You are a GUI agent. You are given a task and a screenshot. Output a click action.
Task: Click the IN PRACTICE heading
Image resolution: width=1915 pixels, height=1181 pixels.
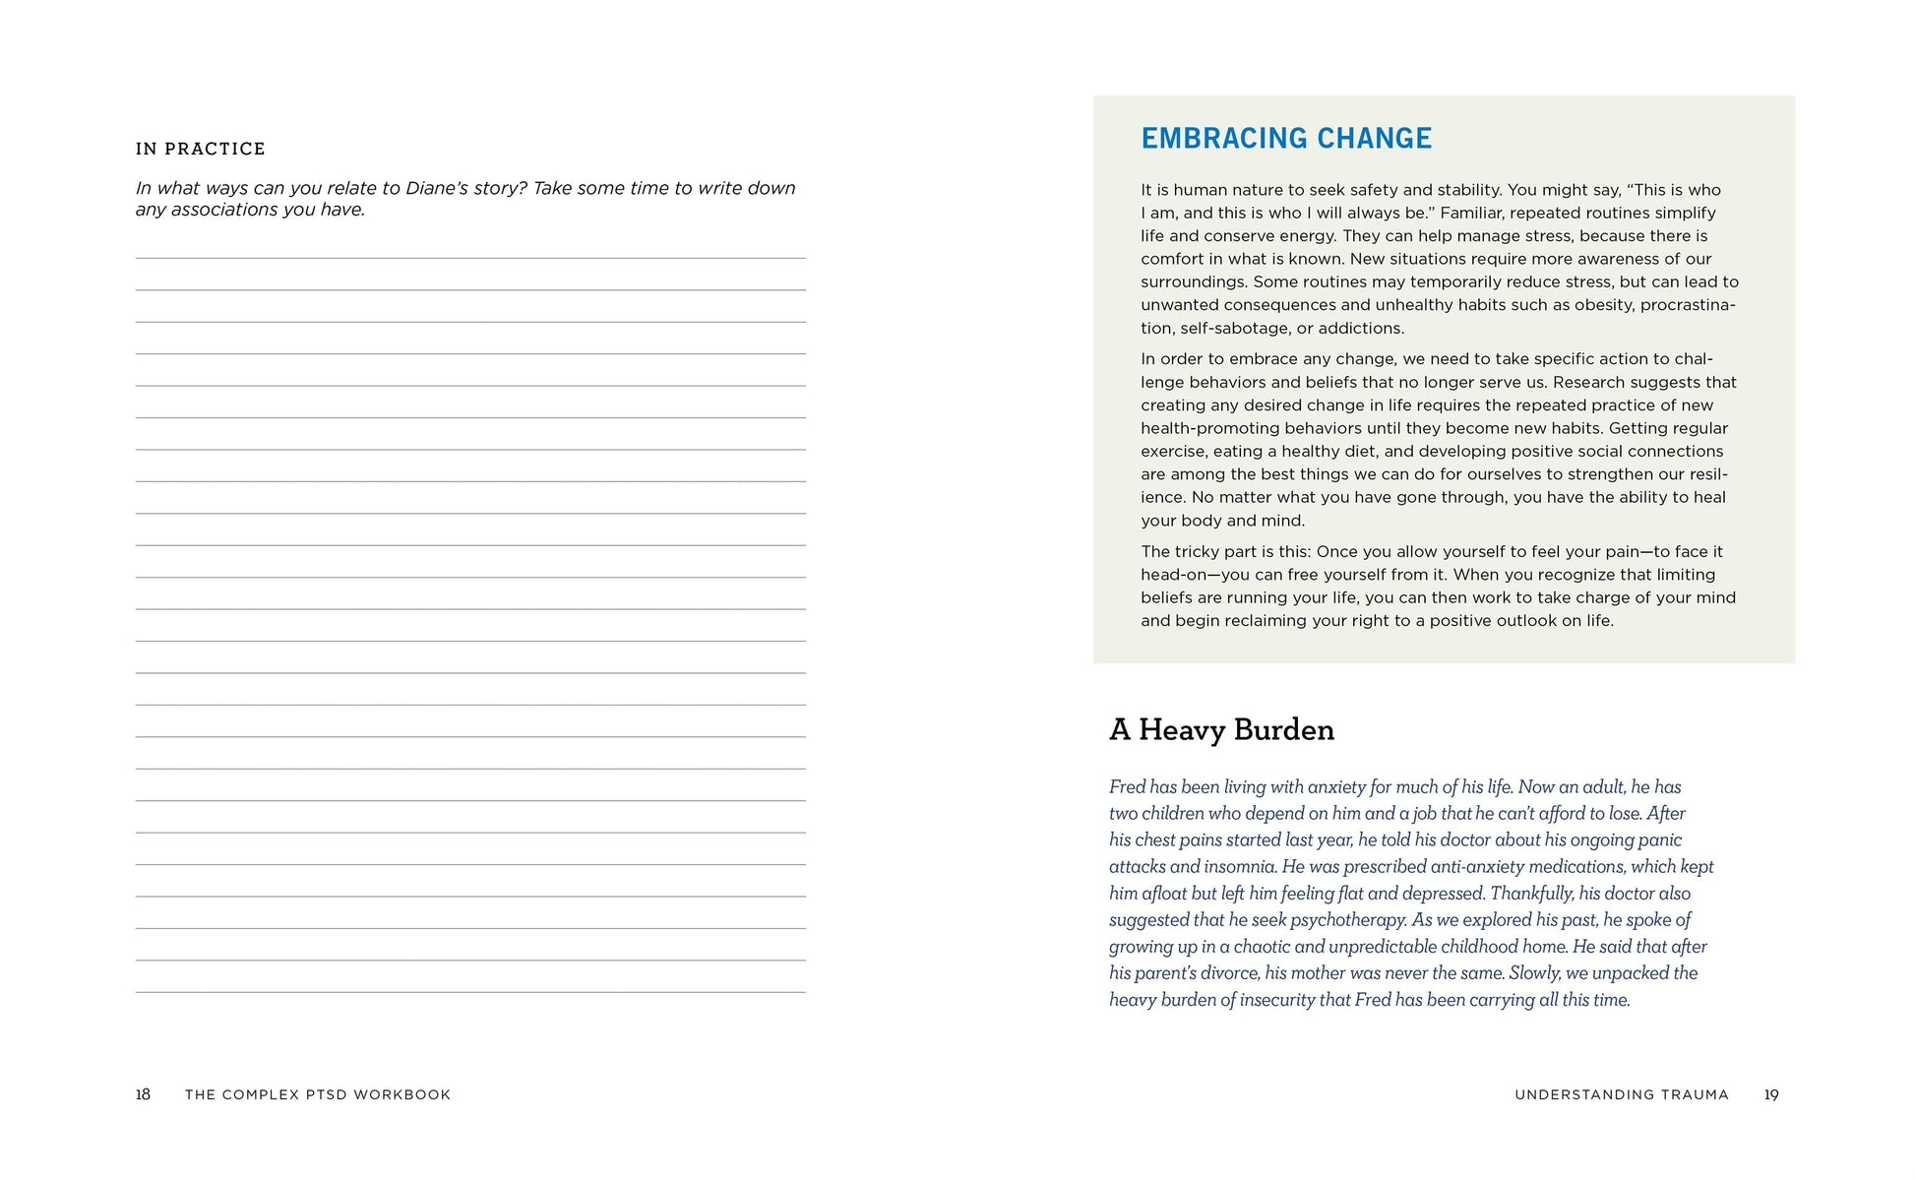coord(201,149)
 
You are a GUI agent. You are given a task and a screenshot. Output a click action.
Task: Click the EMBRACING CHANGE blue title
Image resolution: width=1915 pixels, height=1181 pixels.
coord(1285,138)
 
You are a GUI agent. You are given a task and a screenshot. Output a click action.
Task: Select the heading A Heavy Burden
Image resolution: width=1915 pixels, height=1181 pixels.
coord(1221,729)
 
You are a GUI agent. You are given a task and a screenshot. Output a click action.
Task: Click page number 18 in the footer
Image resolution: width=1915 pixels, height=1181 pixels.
coord(143,1094)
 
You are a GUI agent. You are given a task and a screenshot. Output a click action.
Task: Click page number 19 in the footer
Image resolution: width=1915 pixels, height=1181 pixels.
coord(1770,1094)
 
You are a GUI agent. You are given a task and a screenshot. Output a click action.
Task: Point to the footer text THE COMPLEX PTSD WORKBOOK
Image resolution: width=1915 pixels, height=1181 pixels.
coord(318,1094)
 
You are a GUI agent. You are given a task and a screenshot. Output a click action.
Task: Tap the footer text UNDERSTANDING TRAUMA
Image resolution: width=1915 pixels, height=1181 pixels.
coord(1621,1094)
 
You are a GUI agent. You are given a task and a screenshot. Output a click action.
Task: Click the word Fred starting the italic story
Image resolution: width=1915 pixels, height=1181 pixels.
coord(1127,787)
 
